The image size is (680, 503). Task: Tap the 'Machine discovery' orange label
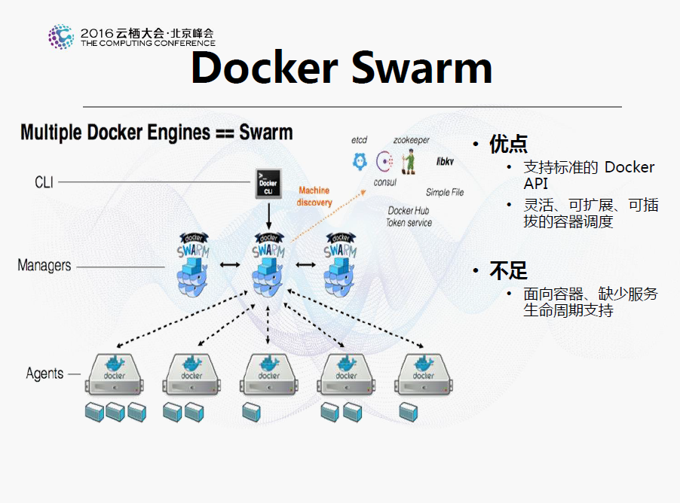(x=314, y=197)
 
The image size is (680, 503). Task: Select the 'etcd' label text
(x=359, y=141)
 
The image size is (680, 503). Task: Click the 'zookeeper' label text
(x=411, y=141)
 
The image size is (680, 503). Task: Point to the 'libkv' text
(x=445, y=162)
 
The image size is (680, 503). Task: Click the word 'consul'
(x=385, y=182)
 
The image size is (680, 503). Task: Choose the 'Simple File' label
(x=445, y=193)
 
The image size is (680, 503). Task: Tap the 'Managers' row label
(x=44, y=266)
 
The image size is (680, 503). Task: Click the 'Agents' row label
(x=44, y=373)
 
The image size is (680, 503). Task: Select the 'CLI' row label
(x=44, y=182)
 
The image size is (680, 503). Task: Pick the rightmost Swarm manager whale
(x=341, y=266)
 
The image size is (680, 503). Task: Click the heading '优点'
(x=508, y=143)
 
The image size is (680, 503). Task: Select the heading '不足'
(x=508, y=270)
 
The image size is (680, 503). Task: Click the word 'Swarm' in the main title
(x=421, y=68)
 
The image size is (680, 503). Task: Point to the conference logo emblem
(x=61, y=36)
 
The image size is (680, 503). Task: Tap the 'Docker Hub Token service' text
(x=409, y=217)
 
